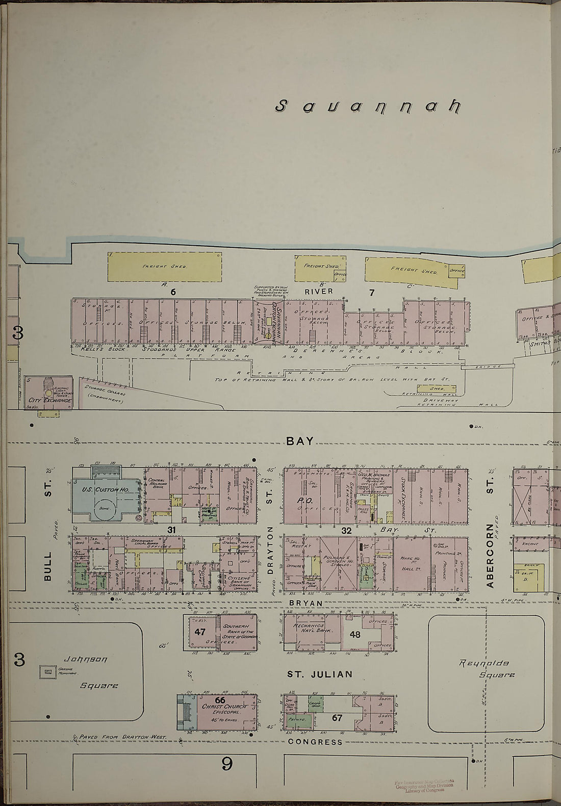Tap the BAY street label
click(300, 441)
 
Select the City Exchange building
click(49, 394)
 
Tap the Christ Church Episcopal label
click(224, 710)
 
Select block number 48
click(355, 635)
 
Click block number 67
click(337, 718)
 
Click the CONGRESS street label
click(315, 742)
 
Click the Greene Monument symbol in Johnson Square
click(48, 672)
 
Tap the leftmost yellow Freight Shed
click(165, 266)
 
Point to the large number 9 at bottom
click(227, 764)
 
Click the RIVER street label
click(319, 291)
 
